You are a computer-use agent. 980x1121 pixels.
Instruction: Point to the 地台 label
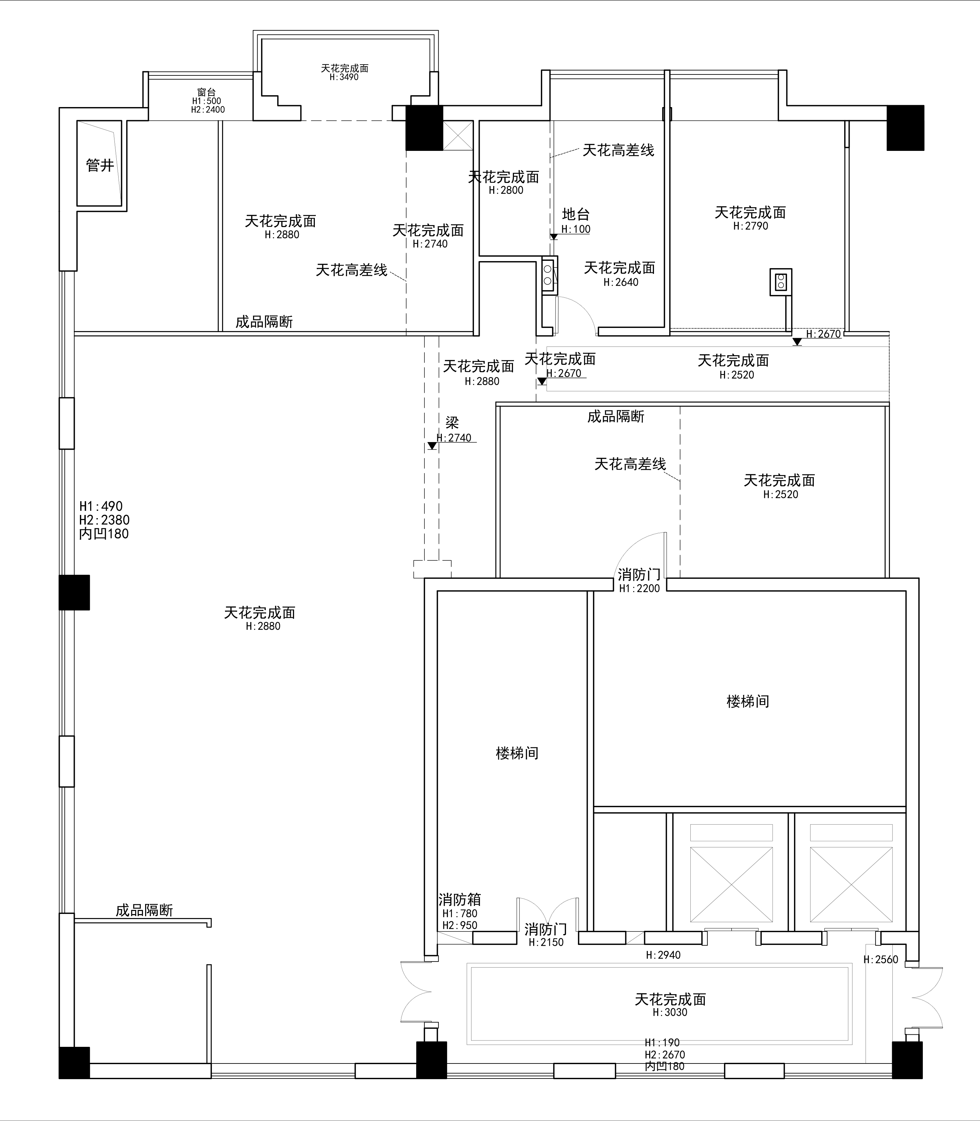point(576,214)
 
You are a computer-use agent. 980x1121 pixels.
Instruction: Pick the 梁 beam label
point(452,423)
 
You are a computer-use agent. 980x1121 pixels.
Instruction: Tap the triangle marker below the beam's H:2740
point(432,446)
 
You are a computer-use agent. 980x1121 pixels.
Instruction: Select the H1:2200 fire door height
point(639,588)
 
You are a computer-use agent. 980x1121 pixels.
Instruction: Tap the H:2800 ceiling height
point(506,190)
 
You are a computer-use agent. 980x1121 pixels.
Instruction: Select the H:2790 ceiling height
point(750,226)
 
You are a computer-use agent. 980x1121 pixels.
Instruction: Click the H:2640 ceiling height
point(621,282)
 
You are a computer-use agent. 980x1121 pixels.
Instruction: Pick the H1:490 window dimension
point(101,506)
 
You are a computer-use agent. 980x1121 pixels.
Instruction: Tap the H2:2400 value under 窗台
point(208,109)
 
